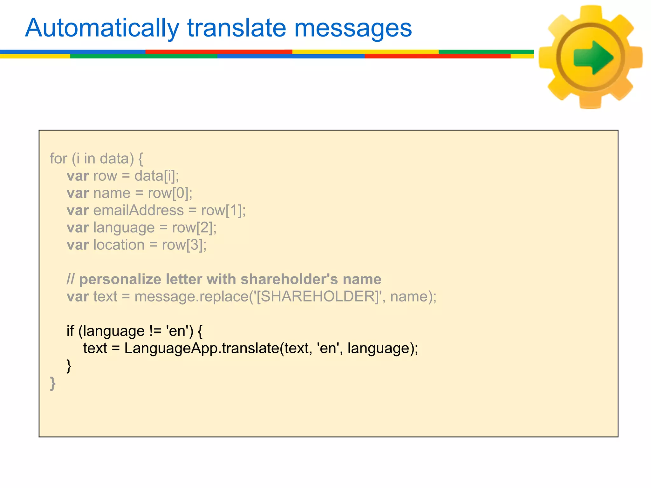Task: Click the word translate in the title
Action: coord(237,29)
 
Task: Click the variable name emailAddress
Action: coord(138,211)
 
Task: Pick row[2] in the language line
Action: coord(194,228)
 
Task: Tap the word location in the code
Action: coord(119,245)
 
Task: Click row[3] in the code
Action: coord(183,245)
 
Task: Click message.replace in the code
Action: coord(191,297)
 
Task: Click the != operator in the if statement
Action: coord(155,331)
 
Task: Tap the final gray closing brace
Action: coord(53,383)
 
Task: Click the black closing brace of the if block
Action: coord(69,366)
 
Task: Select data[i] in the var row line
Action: coord(156,176)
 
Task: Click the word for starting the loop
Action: coord(58,159)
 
